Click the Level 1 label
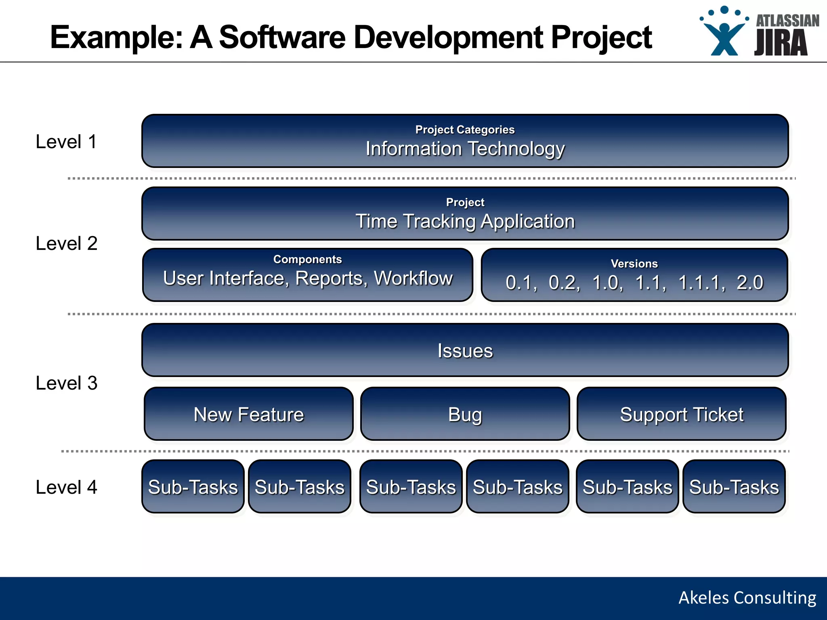click(x=66, y=142)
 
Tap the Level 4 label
click(x=66, y=487)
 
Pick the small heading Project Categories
click(x=465, y=130)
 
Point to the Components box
click(x=307, y=274)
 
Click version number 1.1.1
click(x=701, y=283)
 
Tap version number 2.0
click(x=750, y=283)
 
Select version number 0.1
click(x=521, y=283)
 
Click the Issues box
click(x=465, y=350)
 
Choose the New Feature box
click(x=248, y=414)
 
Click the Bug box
click(x=465, y=414)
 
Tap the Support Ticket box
click(x=681, y=414)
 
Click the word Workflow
click(x=413, y=278)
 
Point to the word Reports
click(x=331, y=278)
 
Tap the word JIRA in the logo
click(x=781, y=43)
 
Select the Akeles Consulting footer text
click(x=747, y=598)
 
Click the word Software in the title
click(x=282, y=37)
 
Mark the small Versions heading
click(x=634, y=264)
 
